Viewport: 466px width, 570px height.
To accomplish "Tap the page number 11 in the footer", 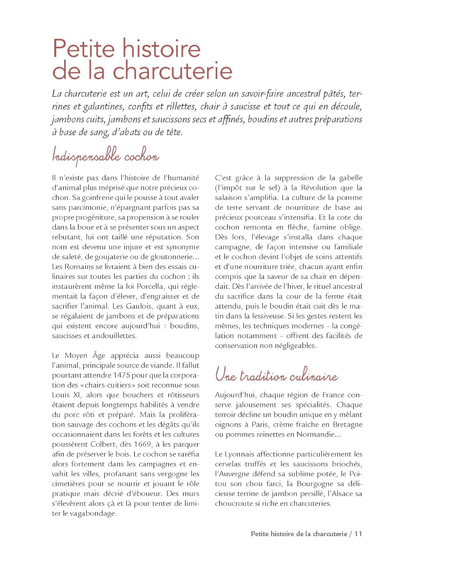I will pyautogui.click(x=358, y=534).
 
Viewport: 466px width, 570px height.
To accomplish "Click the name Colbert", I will pyautogui.click(x=103, y=444).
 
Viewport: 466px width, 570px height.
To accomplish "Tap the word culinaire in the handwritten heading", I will pyautogui.click(x=314, y=376).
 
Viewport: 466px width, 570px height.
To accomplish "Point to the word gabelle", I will pyautogui.click(x=351, y=178).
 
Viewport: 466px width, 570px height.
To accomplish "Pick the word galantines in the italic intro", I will pyautogui.click(x=103, y=107).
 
